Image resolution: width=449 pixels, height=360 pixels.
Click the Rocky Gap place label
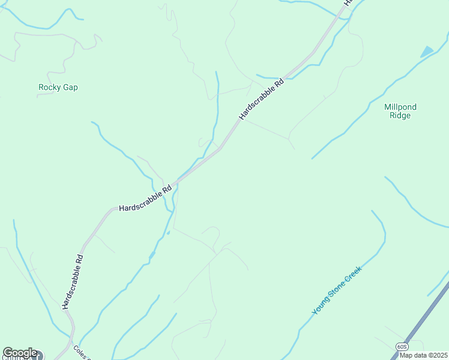click(58, 88)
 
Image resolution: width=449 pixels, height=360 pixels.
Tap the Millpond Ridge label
click(400, 112)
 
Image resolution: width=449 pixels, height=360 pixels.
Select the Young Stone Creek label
click(338, 290)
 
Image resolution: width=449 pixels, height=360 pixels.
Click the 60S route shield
click(402, 347)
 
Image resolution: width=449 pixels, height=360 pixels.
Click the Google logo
click(20, 353)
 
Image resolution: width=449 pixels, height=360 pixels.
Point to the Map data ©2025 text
click(423, 355)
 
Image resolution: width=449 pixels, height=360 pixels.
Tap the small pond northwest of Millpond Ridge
click(427, 52)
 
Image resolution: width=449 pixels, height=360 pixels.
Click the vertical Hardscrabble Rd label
click(73, 281)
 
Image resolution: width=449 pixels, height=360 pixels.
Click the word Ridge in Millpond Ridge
click(400, 116)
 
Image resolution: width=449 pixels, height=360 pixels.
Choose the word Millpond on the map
click(400, 107)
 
